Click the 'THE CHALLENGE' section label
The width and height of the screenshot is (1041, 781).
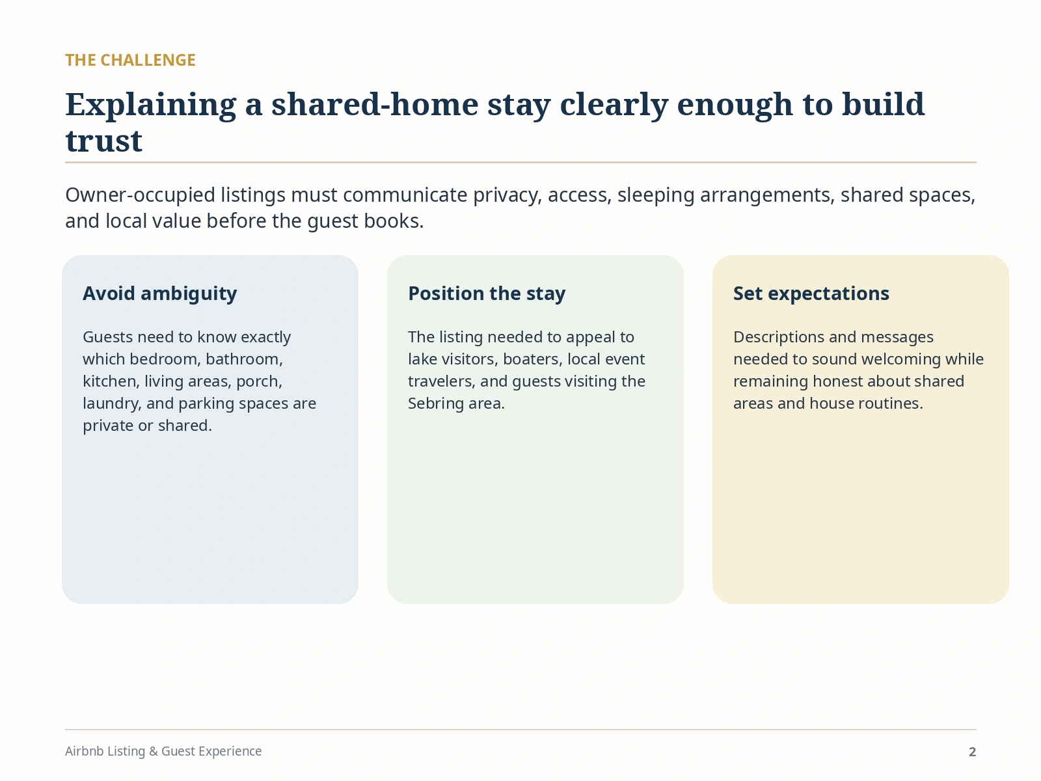[x=130, y=61]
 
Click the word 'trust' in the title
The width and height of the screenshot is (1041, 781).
[x=104, y=141]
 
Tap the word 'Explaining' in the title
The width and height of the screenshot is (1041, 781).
[x=151, y=105]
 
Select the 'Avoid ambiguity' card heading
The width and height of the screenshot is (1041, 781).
[x=160, y=294]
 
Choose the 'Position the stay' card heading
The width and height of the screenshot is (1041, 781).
[x=487, y=294]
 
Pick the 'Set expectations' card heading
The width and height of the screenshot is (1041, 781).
[x=811, y=294]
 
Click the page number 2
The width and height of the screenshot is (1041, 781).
[x=972, y=752]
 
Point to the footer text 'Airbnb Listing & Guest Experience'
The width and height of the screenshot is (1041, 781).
[x=163, y=751]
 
